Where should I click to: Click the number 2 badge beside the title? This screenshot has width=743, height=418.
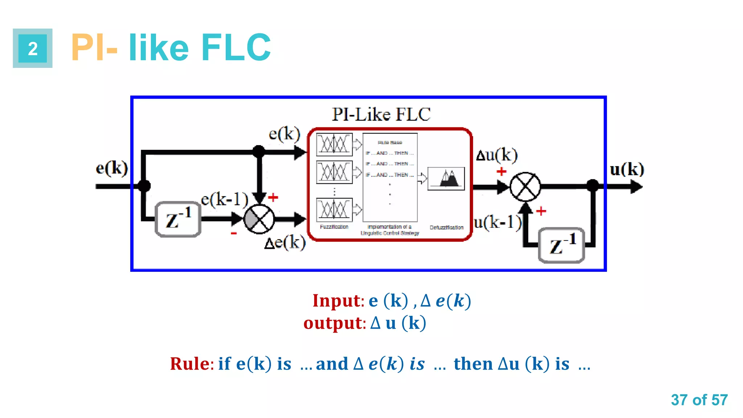click(x=33, y=48)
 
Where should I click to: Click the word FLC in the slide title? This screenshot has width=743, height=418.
click(x=236, y=48)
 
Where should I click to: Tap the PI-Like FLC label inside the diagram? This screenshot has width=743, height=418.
click(x=381, y=115)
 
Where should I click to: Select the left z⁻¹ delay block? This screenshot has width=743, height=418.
click(x=178, y=220)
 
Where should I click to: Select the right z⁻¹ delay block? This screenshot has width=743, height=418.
click(x=561, y=246)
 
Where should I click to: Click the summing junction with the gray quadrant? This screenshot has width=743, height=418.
click(x=259, y=219)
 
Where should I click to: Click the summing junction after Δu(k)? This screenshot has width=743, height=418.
click(x=525, y=187)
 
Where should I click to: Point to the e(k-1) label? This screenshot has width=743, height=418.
click(x=225, y=199)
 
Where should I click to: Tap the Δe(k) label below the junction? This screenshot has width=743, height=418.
click(x=285, y=242)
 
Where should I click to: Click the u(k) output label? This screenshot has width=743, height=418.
click(x=627, y=169)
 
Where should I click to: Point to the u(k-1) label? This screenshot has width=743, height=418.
click(x=497, y=222)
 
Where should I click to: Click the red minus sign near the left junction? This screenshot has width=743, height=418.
click(x=234, y=233)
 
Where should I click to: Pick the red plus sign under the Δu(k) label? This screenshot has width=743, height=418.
click(x=501, y=172)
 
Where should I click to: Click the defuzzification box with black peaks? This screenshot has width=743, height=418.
click(x=446, y=179)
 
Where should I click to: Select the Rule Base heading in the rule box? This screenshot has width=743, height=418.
click(x=390, y=143)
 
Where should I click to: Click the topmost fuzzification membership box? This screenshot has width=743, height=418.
click(x=334, y=144)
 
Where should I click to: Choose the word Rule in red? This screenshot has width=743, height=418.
click(x=190, y=364)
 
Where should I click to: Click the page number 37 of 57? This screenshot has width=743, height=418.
click(x=699, y=400)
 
